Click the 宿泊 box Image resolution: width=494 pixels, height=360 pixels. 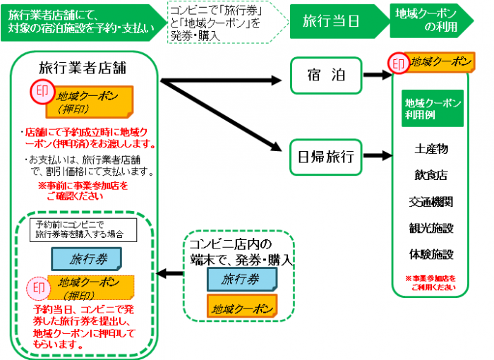point(325,75)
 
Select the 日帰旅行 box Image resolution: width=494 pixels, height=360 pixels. point(325,155)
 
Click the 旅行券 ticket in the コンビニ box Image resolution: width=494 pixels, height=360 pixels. point(237,280)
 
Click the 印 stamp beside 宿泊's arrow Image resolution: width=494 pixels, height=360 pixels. point(397,64)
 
